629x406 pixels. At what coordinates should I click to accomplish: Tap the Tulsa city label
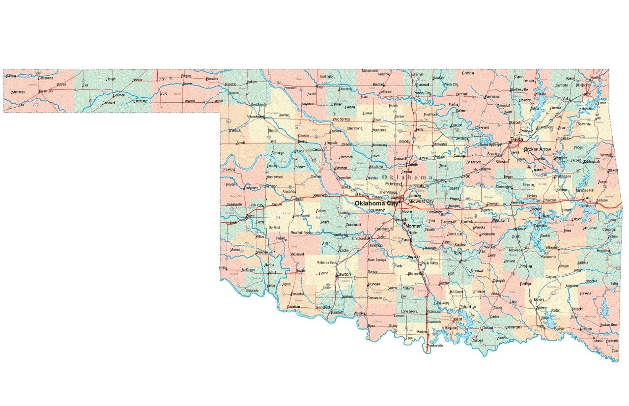click(x=516, y=140)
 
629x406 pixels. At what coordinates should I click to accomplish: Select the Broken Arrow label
click(x=538, y=149)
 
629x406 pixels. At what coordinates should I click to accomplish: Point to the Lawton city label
click(x=343, y=274)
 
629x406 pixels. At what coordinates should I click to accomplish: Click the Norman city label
click(x=413, y=226)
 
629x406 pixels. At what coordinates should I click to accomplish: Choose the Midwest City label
click(x=421, y=202)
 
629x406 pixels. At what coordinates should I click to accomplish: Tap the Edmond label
click(x=393, y=184)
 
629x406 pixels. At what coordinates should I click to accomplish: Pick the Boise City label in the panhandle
click(x=46, y=91)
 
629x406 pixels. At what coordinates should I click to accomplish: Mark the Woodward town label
click(x=256, y=117)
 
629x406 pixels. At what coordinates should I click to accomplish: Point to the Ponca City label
click(x=422, y=93)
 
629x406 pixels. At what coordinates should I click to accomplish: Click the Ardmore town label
click(x=433, y=311)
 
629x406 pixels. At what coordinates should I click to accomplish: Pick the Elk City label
click(x=257, y=205)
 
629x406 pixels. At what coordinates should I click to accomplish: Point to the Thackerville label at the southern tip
click(x=434, y=346)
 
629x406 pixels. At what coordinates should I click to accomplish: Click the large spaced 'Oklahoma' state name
click(x=407, y=177)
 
